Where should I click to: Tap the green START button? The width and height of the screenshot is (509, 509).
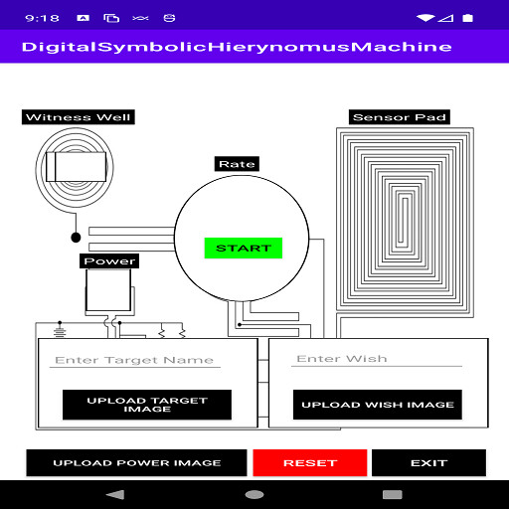[244, 248]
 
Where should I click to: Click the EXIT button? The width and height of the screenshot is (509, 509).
[428, 462]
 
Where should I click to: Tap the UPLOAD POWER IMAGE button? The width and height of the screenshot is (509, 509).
[136, 462]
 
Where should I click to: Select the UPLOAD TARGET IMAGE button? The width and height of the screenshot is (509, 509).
[147, 405]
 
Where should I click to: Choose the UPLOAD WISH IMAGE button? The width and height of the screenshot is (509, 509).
[378, 405]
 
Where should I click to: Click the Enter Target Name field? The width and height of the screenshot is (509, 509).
[135, 360]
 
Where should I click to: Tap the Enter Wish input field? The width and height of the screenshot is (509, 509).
[377, 359]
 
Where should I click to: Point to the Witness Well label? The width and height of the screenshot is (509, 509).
[79, 117]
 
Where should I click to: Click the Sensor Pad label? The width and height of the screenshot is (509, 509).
[400, 117]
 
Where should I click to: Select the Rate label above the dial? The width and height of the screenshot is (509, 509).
[237, 164]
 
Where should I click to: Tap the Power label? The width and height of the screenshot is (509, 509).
[109, 261]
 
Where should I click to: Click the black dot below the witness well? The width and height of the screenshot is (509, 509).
[76, 238]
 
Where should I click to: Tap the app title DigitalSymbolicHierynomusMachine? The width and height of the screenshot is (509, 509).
[237, 47]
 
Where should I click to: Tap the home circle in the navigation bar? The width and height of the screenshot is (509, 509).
[254, 495]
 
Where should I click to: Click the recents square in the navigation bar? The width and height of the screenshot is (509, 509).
[393, 495]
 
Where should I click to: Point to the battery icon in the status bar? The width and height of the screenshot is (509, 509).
[467, 18]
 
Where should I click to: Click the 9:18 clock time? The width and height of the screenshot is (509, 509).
[42, 18]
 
